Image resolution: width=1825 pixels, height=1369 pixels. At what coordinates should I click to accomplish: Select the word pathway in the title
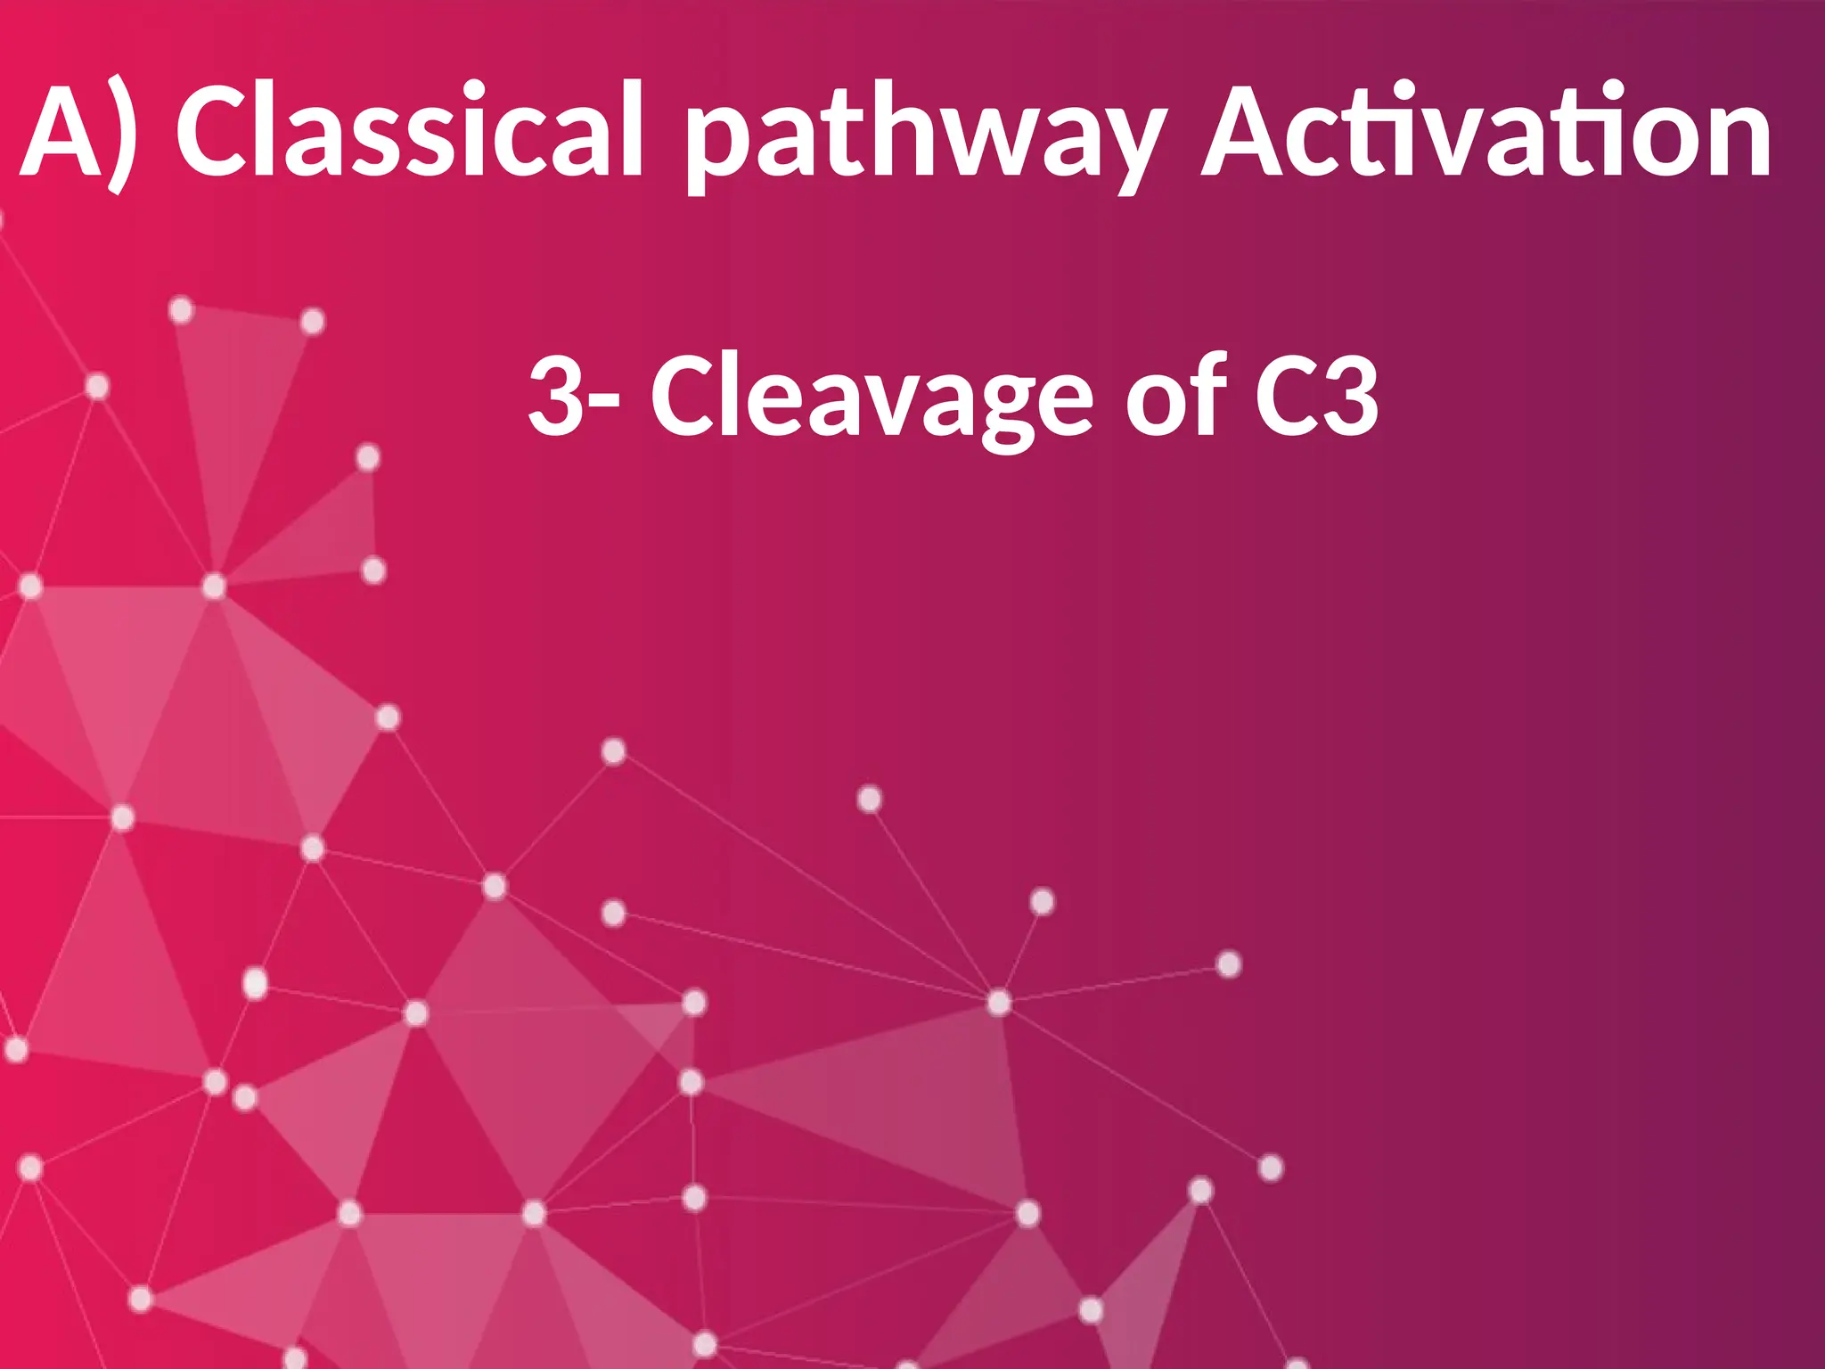pos(926,134)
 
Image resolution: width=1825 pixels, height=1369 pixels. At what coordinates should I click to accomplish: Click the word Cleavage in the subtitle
pos(872,397)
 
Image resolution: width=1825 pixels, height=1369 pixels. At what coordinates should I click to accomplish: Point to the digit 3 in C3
pos(1350,395)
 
